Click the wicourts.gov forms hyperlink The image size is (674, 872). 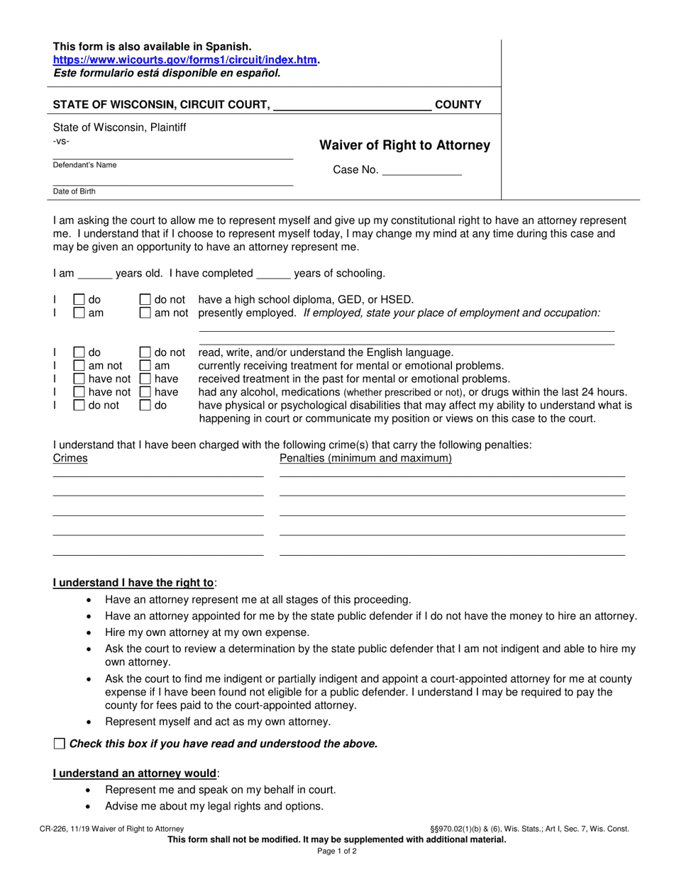click(185, 60)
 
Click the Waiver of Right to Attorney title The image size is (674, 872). click(404, 145)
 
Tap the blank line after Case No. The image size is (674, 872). click(421, 170)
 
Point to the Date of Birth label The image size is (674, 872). click(74, 191)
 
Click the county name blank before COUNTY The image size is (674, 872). click(352, 106)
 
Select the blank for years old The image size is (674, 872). click(94, 273)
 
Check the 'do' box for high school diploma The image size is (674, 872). click(80, 300)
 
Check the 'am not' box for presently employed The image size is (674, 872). click(145, 313)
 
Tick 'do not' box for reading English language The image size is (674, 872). click(145, 352)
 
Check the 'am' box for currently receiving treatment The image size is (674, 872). click(145, 366)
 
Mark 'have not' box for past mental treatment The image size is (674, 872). click(80, 379)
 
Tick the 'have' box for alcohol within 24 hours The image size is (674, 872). click(145, 392)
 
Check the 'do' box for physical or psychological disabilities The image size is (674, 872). click(145, 406)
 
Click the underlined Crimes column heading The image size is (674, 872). click(70, 459)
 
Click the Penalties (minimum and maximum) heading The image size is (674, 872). click(365, 459)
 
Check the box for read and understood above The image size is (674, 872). click(59, 744)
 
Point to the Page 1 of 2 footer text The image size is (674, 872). click(337, 851)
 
